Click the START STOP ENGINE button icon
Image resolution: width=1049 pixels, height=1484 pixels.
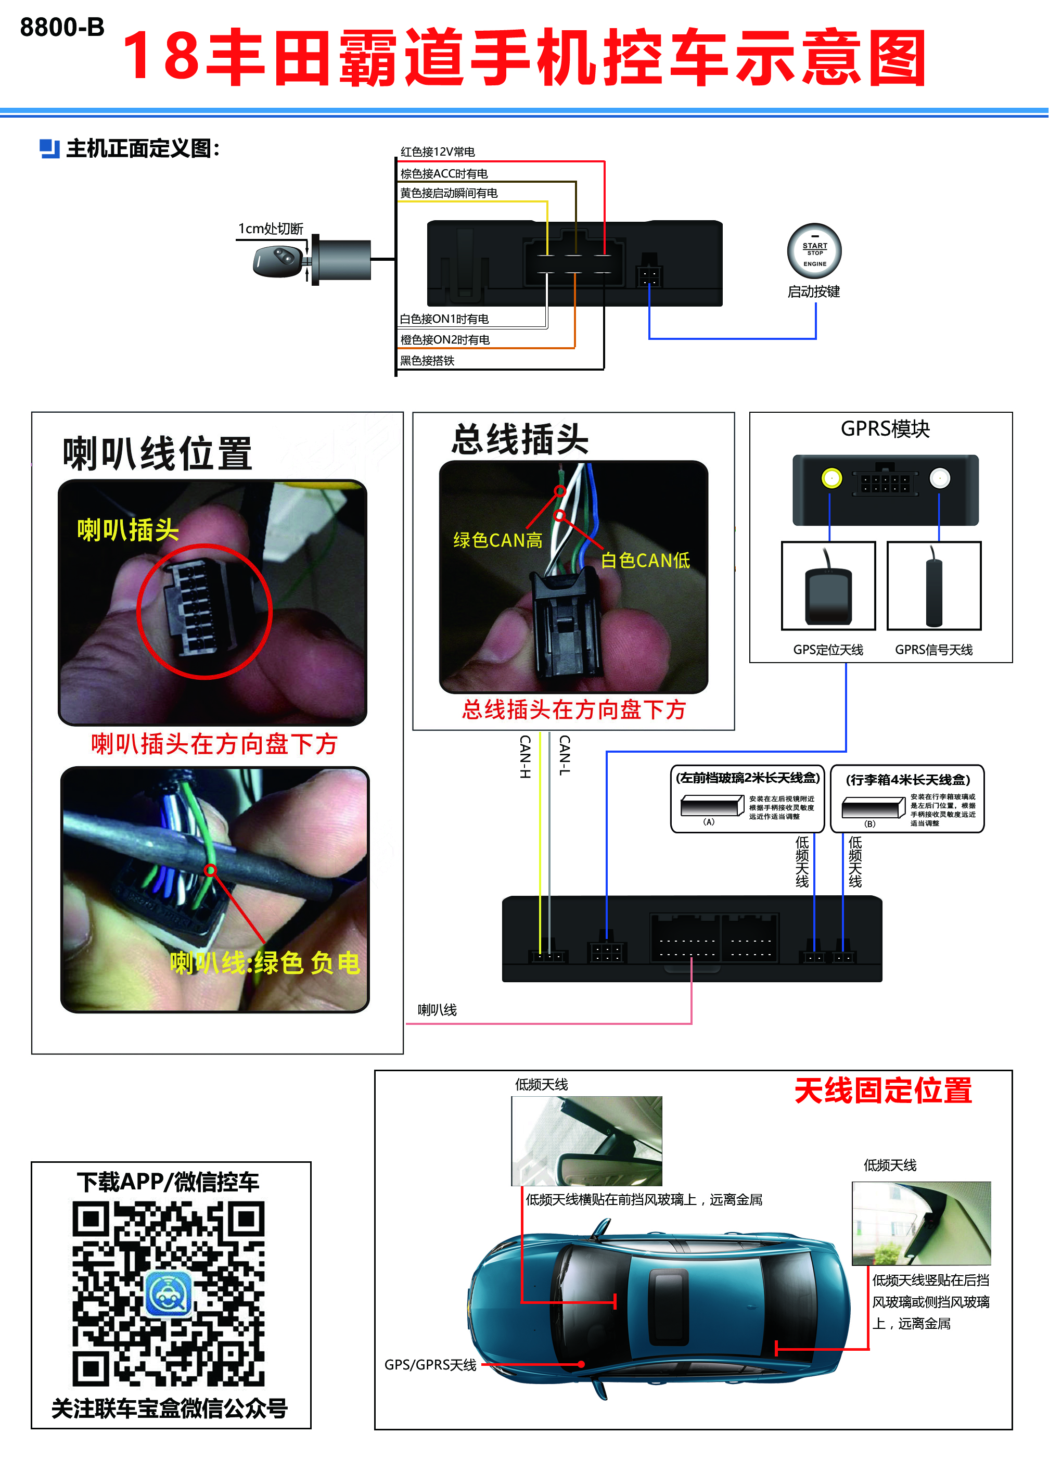point(814,251)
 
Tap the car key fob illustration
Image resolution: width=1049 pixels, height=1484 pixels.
point(276,260)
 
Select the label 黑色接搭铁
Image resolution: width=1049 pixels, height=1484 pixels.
point(427,361)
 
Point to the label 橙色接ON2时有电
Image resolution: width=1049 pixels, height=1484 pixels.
point(444,340)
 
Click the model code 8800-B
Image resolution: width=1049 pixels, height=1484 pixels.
point(62,27)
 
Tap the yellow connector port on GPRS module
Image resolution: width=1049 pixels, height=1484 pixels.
point(831,478)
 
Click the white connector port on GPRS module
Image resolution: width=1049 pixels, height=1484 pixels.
point(939,478)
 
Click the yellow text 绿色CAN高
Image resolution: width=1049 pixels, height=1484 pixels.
point(497,540)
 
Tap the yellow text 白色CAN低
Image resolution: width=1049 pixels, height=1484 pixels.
point(645,561)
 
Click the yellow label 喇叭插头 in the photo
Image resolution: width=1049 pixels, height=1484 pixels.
point(128,530)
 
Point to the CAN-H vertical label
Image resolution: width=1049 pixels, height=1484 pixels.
point(525,756)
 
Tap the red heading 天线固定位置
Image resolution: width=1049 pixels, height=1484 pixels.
point(883,1091)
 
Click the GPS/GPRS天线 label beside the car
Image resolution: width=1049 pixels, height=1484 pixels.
point(430,1364)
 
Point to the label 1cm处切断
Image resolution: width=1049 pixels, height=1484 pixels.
point(271,229)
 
